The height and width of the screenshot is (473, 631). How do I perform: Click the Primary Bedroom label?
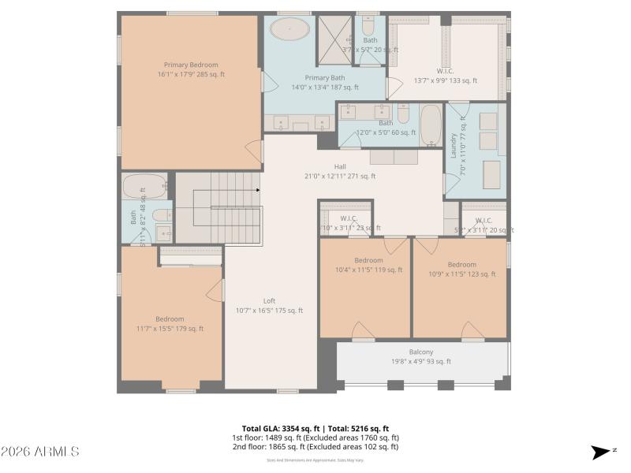(x=190, y=65)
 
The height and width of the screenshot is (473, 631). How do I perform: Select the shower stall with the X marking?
(x=334, y=40)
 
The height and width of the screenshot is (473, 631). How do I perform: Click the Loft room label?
(x=269, y=300)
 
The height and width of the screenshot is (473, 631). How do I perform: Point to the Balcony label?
(x=420, y=352)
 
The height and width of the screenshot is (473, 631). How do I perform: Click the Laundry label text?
(x=454, y=146)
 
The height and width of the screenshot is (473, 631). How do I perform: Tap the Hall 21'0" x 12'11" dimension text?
(x=339, y=177)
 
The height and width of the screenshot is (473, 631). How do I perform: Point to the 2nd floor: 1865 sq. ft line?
(x=315, y=447)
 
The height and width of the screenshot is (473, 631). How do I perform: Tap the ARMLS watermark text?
(x=39, y=452)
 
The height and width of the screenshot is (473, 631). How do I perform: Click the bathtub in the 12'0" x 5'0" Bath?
(x=430, y=126)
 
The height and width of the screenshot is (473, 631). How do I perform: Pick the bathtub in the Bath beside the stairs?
(x=143, y=187)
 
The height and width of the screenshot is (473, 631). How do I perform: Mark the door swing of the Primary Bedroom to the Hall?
(x=252, y=151)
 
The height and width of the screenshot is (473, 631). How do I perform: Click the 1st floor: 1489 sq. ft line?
(x=315, y=438)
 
